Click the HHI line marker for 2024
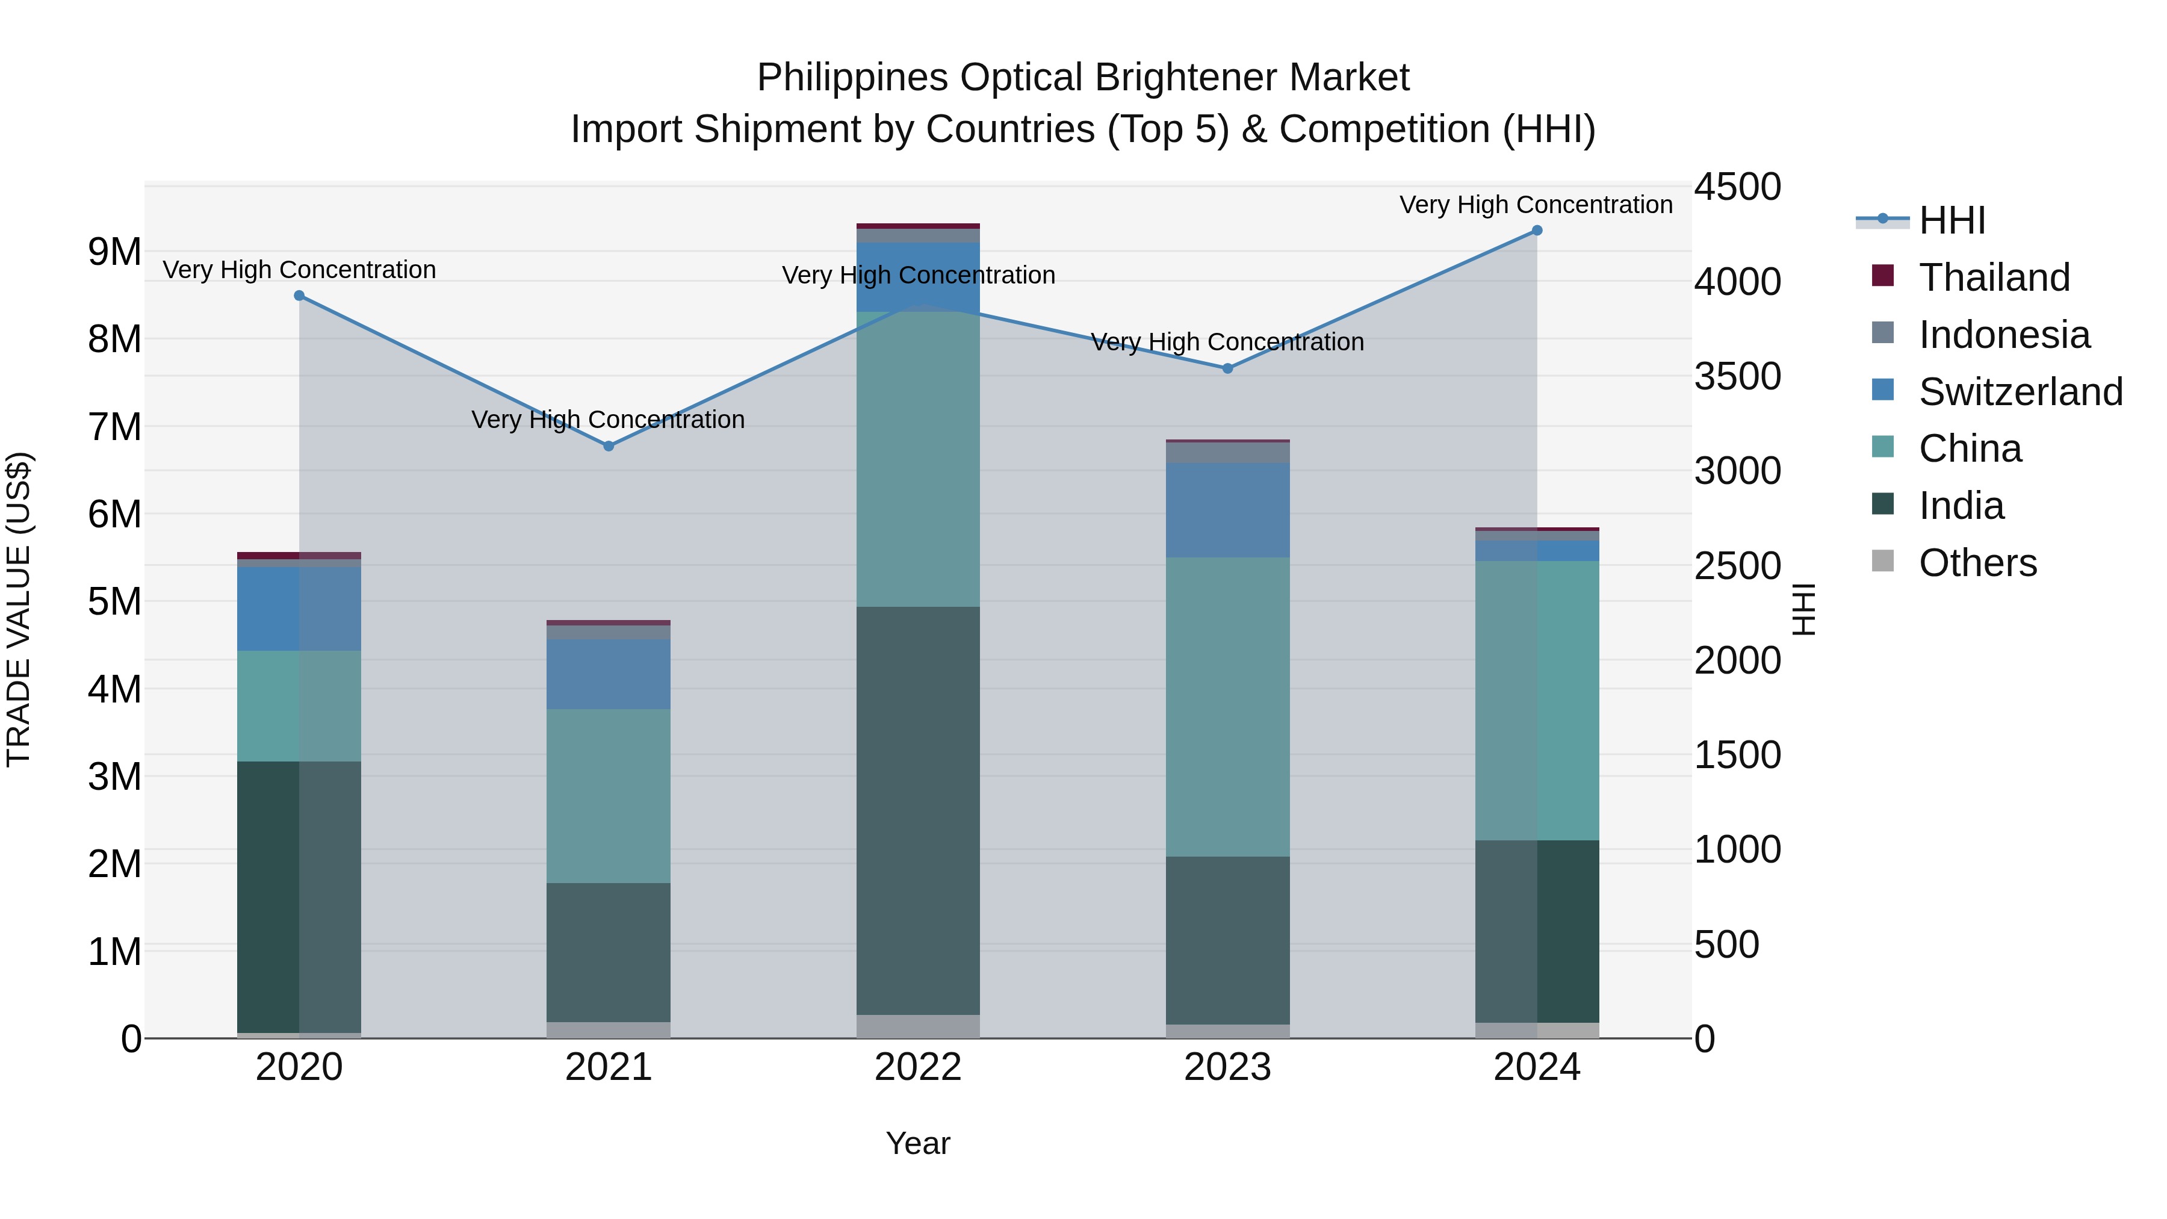point(1537,231)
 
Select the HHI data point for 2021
point(609,446)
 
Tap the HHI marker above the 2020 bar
point(300,296)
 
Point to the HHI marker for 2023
point(1227,368)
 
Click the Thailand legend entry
point(1994,278)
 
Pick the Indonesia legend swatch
point(1883,333)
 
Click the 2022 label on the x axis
point(918,1067)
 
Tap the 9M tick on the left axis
point(115,252)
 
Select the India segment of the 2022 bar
point(918,808)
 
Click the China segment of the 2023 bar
point(1227,707)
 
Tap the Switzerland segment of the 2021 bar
point(609,673)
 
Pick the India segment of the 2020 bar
point(300,896)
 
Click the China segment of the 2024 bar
point(1537,700)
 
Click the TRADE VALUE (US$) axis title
point(19,609)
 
